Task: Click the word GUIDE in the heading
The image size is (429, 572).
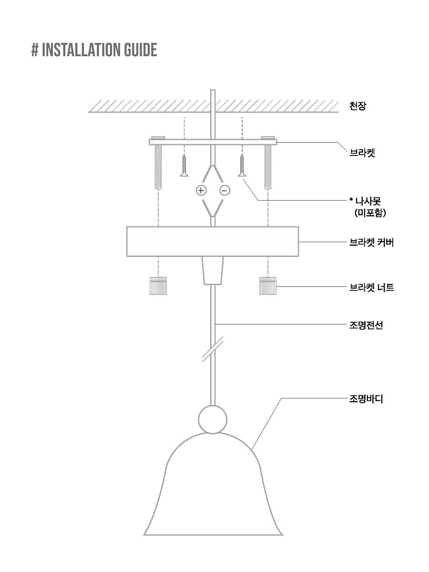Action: coord(141,50)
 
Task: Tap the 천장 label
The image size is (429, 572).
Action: coord(358,106)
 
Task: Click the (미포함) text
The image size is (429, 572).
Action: coord(370,214)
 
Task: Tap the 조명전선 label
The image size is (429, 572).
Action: coord(366,326)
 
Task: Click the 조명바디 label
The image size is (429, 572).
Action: coord(366,398)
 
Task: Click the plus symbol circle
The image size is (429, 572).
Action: coord(202,191)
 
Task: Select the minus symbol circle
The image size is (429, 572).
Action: coord(225,191)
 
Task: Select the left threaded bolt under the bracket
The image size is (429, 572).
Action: coord(158,167)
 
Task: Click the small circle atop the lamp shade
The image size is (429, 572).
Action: coord(212,419)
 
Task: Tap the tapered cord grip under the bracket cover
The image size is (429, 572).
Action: coord(213,271)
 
